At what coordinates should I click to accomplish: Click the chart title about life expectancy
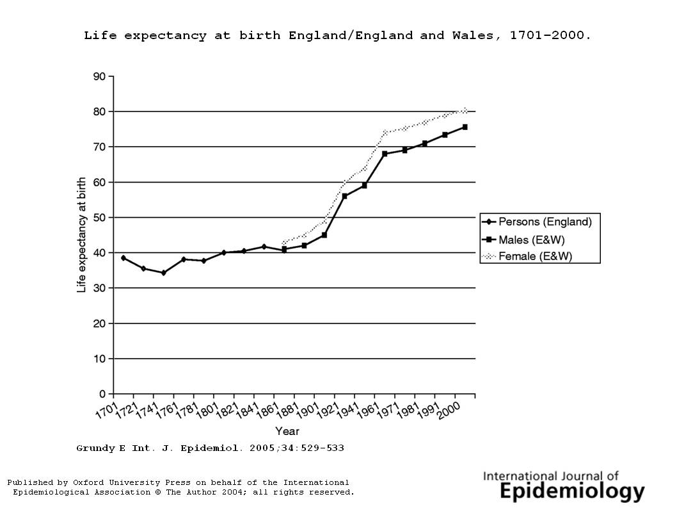337,35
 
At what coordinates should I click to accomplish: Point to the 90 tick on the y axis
99,76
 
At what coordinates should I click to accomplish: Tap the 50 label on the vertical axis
99,218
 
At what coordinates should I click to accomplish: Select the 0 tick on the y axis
102,394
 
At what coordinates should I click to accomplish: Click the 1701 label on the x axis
105,407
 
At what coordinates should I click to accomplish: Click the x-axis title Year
287,430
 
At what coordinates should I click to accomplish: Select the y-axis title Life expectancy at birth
81,235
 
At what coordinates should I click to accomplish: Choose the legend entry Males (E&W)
531,240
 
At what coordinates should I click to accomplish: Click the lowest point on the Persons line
163,273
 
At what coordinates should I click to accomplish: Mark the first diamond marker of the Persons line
123,258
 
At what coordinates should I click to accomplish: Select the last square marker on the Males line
465,127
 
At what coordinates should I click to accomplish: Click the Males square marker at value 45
324,235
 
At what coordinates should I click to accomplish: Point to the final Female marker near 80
465,110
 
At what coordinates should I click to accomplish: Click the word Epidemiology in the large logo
572,491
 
